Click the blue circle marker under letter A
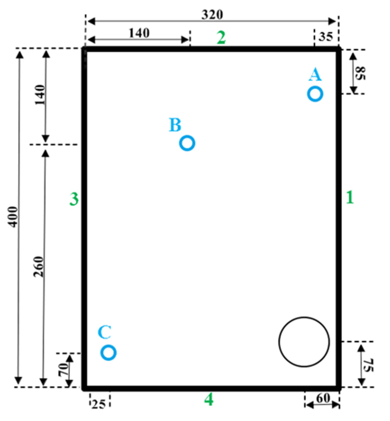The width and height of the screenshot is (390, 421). point(315,94)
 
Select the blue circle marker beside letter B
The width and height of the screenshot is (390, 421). point(187,143)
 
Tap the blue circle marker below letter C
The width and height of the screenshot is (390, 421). point(108,352)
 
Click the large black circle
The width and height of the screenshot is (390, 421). point(304,342)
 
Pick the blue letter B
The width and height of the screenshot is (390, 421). point(175,125)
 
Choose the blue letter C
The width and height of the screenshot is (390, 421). point(105,332)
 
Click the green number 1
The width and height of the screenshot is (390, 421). point(350,197)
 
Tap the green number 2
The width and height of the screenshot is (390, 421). point(221,38)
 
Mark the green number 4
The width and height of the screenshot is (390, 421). point(209,400)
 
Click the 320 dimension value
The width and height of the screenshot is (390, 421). point(212,15)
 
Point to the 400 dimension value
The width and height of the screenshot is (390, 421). point(13,217)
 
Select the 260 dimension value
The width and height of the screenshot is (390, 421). point(39,266)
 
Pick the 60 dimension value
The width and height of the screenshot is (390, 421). point(323,398)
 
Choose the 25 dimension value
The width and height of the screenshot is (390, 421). point(98,405)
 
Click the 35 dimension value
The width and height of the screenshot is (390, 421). point(326,37)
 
